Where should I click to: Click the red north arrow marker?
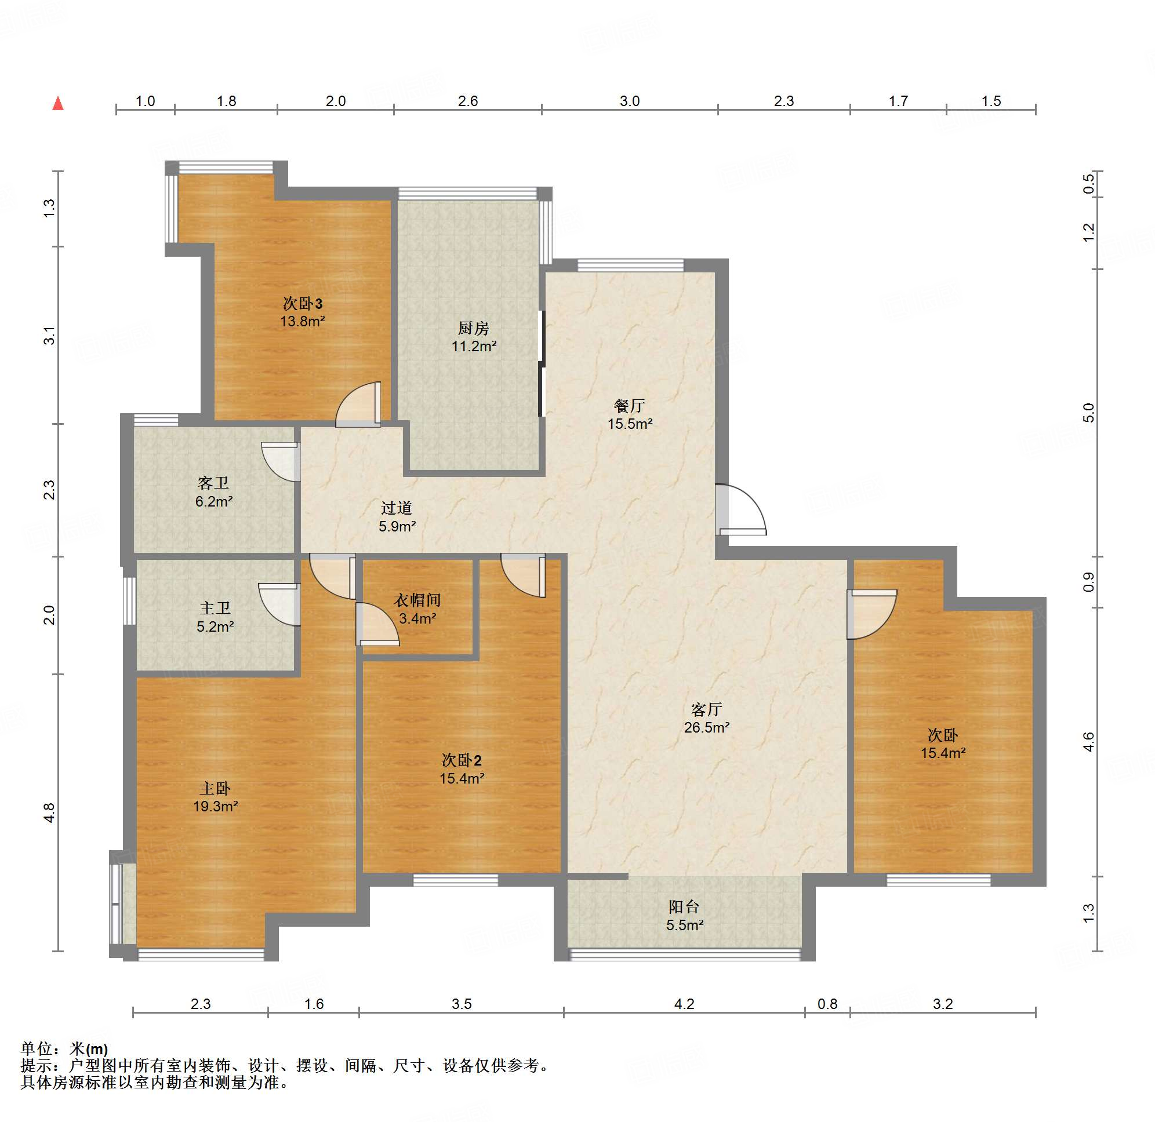[58, 104]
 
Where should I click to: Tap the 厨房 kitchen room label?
[474, 327]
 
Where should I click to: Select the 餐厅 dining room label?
[630, 406]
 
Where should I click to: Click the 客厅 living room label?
[706, 709]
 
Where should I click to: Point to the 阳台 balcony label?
[684, 906]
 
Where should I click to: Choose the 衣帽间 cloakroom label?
[417, 600]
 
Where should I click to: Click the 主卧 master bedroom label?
[215, 788]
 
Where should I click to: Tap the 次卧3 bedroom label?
[303, 304]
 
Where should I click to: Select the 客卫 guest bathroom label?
[213, 483]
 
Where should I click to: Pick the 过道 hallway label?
[396, 507]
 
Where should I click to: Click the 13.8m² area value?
[303, 321]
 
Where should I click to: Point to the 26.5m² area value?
[706, 727]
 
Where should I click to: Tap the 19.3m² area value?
[215, 806]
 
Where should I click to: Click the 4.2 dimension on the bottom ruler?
[684, 1004]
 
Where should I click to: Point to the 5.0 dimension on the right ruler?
[1088, 413]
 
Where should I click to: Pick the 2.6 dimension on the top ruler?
[467, 101]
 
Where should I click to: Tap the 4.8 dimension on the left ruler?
[49, 813]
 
